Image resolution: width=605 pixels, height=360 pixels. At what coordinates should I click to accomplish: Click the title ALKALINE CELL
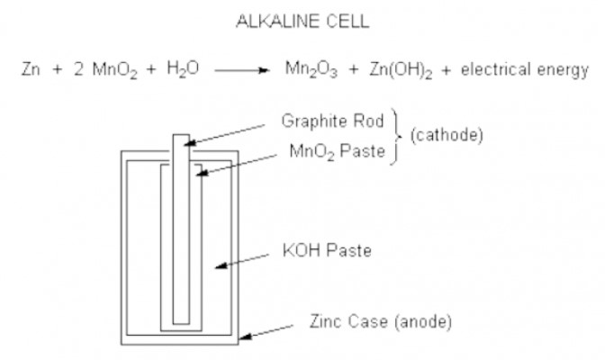pyautogui.click(x=302, y=22)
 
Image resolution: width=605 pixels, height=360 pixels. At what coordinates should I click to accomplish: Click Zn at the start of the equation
pyautogui.click(x=31, y=69)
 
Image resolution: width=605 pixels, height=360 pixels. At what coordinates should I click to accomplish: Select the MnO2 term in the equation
pyautogui.click(x=114, y=71)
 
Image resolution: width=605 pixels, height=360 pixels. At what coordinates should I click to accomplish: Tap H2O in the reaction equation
pyautogui.click(x=183, y=70)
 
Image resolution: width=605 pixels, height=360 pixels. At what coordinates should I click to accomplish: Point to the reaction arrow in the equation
pyautogui.click(x=242, y=70)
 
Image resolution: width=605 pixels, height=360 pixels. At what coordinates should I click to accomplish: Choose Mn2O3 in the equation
pyautogui.click(x=312, y=70)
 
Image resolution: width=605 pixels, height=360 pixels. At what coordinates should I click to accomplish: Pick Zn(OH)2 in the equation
pyautogui.click(x=401, y=70)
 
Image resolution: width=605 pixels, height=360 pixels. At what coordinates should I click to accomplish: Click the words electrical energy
pyautogui.click(x=525, y=70)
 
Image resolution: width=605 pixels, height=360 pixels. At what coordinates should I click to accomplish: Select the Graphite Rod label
pyautogui.click(x=332, y=121)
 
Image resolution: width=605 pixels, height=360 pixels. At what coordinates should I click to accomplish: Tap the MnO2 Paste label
pyautogui.click(x=338, y=151)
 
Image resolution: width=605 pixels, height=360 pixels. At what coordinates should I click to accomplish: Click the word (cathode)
pyautogui.click(x=447, y=135)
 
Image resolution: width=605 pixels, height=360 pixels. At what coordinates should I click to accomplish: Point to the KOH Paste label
pyautogui.click(x=327, y=250)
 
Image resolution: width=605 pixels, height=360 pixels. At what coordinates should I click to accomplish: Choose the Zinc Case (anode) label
pyautogui.click(x=381, y=322)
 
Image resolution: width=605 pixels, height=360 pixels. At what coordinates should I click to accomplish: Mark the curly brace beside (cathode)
pyautogui.click(x=397, y=136)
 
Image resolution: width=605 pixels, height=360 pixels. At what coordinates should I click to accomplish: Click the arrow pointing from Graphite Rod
pyautogui.click(x=224, y=135)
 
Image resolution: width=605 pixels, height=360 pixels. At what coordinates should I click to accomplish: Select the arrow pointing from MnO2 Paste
pyautogui.click(x=237, y=165)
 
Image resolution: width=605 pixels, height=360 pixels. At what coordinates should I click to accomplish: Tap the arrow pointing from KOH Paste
pyautogui.click(x=242, y=261)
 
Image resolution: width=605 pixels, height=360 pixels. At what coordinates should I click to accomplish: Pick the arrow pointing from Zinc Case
pyautogui.click(x=266, y=333)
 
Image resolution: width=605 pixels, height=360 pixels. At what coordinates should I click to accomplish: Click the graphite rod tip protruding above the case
pyautogui.click(x=181, y=142)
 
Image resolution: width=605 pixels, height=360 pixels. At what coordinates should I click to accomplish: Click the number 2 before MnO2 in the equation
pyautogui.click(x=78, y=69)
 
